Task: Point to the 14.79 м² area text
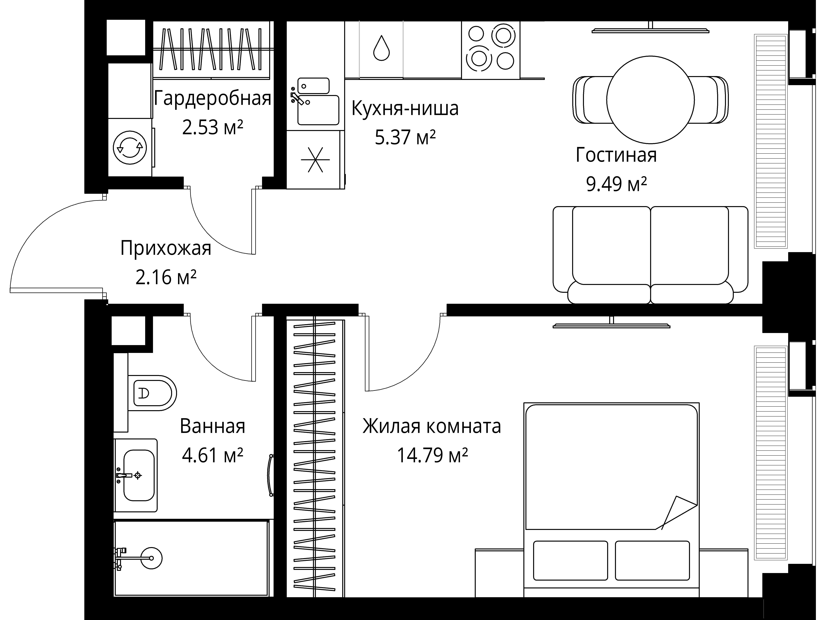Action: point(432,455)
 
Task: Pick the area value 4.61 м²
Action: point(212,455)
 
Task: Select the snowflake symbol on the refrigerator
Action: point(315,160)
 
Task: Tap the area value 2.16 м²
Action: point(166,277)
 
